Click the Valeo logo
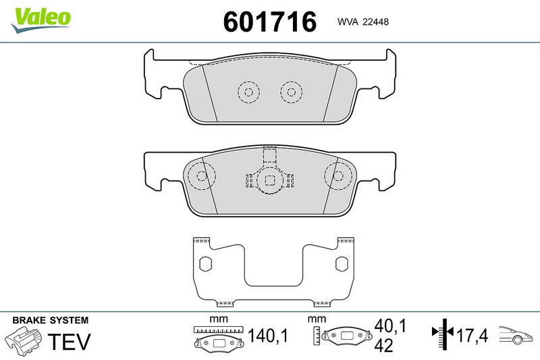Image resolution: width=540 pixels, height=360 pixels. [x=41, y=20]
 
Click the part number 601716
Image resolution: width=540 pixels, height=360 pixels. [x=269, y=22]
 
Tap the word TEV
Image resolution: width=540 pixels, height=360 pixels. [x=69, y=341]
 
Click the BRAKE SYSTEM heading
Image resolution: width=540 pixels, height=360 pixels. [x=50, y=320]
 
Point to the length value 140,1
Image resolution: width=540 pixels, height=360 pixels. [x=267, y=335]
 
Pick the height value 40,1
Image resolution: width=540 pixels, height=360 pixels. [x=391, y=326]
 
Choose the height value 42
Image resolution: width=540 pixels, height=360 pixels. [x=383, y=345]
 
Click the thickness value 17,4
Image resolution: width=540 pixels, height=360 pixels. [x=472, y=335]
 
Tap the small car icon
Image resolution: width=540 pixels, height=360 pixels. [x=516, y=334]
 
